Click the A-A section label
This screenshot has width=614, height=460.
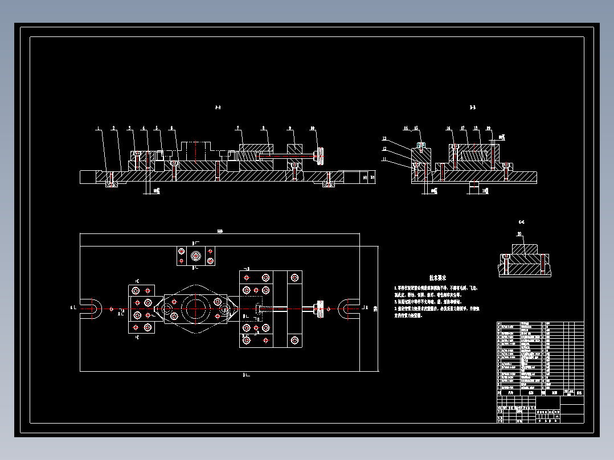(217, 108)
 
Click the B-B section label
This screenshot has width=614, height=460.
(472, 107)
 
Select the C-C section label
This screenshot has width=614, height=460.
(521, 221)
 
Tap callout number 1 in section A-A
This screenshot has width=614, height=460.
(98, 128)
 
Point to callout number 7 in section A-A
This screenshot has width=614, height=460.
(238, 128)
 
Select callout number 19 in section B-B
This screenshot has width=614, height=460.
(489, 129)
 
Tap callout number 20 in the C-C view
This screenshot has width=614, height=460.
(519, 234)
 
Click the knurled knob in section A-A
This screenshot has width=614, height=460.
(321, 155)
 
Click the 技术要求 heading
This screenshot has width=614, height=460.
(437, 278)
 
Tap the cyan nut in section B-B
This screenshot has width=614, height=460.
(421, 145)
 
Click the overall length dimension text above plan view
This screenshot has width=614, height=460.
(220, 232)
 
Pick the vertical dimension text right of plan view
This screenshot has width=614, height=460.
(375, 310)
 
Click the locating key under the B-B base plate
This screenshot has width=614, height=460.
(474, 186)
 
